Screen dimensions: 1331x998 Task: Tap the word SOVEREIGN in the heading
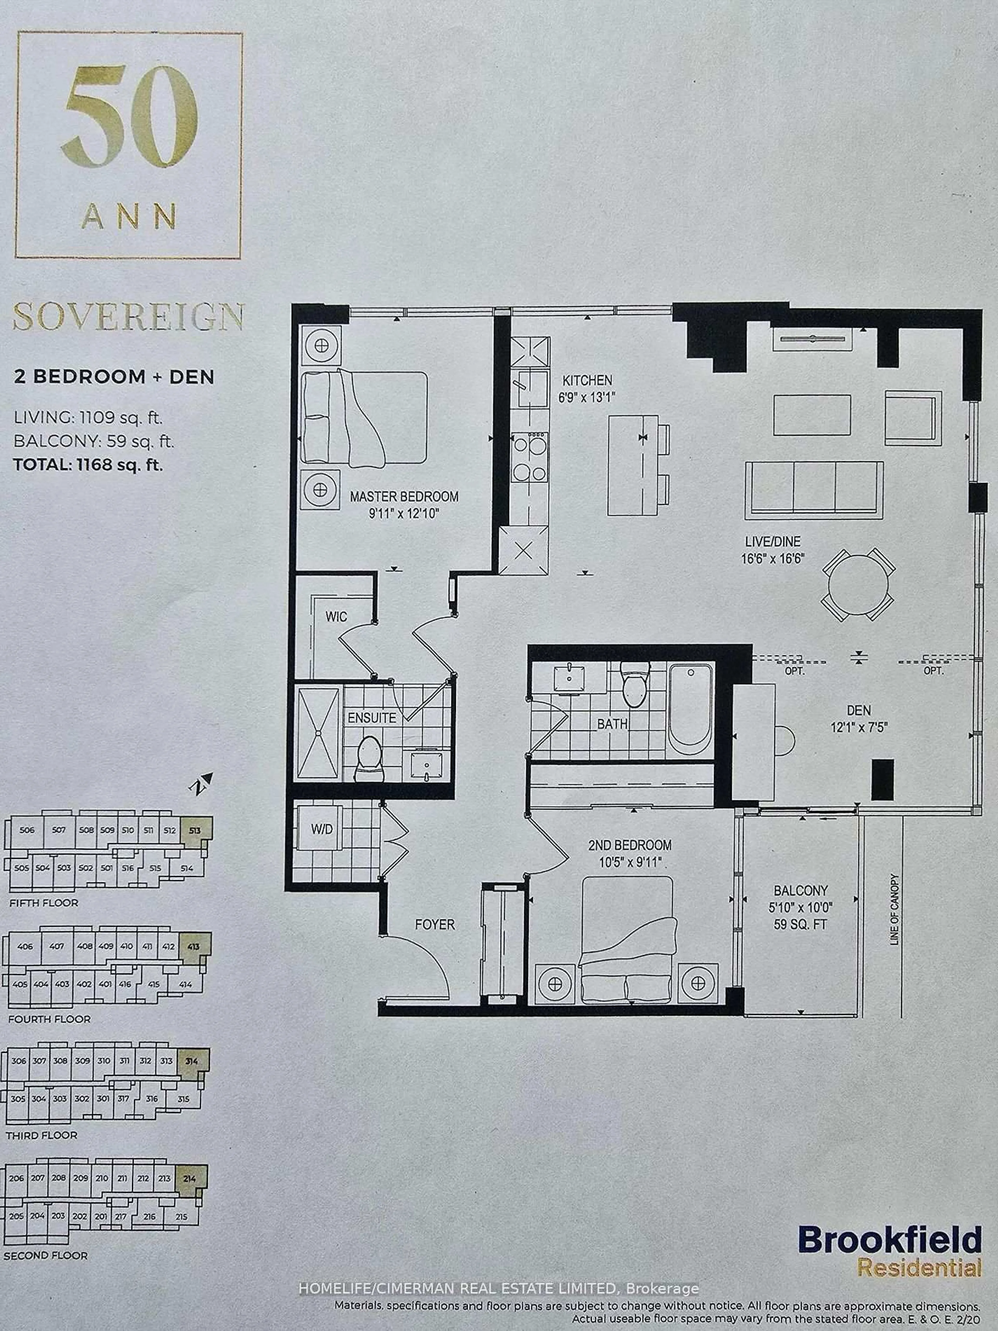tap(128, 317)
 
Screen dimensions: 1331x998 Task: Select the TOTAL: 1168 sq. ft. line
tap(88, 465)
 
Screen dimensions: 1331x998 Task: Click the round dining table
tap(858, 584)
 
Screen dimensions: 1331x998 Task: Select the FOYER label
tap(434, 924)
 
